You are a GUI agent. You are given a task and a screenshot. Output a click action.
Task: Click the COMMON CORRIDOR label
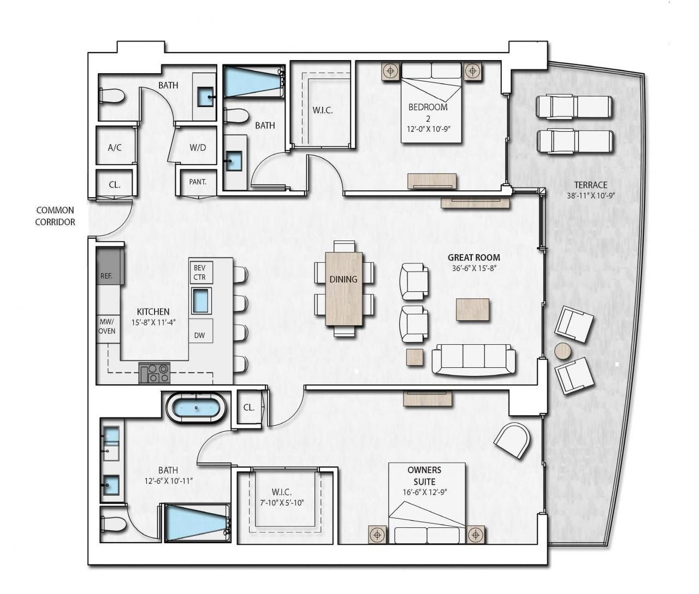[55, 216]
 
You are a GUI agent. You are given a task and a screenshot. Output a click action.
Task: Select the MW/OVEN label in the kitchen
[107, 327]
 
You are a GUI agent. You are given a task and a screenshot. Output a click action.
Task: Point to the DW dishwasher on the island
[199, 335]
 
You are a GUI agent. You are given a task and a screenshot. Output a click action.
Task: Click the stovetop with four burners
[155, 373]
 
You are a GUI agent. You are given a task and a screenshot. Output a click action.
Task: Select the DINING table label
[343, 279]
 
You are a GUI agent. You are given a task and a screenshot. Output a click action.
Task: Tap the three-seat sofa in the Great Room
[473, 359]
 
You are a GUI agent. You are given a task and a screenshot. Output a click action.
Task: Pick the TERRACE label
[590, 185]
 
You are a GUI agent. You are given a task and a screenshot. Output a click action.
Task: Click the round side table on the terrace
[563, 350]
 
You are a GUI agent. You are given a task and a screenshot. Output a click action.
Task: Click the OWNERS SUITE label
[424, 475]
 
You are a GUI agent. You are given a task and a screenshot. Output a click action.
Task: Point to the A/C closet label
[115, 148]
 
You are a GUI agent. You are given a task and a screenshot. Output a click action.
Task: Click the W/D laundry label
[197, 148]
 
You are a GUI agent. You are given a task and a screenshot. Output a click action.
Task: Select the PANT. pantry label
[197, 182]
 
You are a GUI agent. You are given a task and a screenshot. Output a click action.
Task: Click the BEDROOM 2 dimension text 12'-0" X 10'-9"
[428, 129]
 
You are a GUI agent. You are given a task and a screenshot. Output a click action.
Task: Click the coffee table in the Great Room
[472, 309]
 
